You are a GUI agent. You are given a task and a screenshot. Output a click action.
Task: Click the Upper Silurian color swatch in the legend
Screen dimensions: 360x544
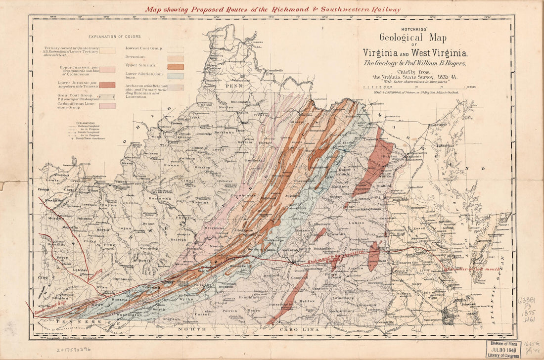click(x=176, y=67)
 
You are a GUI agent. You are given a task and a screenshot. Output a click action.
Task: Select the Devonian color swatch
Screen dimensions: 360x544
click(x=176, y=58)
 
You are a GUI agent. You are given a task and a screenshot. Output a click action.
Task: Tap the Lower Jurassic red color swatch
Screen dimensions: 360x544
click(x=107, y=85)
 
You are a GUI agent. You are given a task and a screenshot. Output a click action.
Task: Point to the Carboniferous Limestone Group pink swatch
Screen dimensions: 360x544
click(x=107, y=106)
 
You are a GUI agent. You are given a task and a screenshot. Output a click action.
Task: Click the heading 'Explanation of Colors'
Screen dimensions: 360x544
click(x=114, y=37)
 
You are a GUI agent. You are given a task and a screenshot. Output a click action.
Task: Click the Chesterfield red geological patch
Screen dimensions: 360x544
click(x=374, y=255)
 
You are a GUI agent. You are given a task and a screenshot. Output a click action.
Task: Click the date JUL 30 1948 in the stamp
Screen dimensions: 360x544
click(x=503, y=349)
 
